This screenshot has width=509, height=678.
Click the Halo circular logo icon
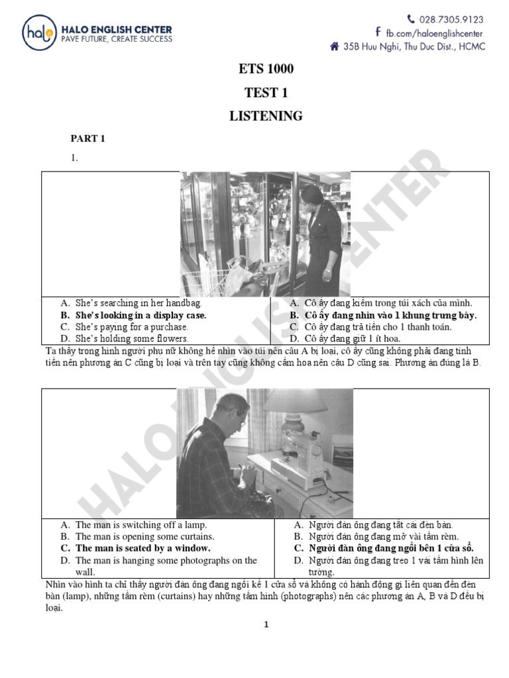pos(39,32)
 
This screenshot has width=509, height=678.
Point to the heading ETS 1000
pos(265,69)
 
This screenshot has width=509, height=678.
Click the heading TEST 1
pos(266,92)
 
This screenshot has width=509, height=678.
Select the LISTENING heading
pos(266,116)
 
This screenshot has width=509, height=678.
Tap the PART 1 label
pos(89,138)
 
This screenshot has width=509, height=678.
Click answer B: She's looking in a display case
pos(141,315)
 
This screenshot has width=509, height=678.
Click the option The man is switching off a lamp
pos(137,524)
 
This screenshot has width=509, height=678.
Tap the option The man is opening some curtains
pos(144,536)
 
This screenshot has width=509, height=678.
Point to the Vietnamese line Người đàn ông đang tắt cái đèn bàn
pos(380,524)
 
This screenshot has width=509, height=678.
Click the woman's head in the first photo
pos(311,195)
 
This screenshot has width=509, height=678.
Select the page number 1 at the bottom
pos(266,624)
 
